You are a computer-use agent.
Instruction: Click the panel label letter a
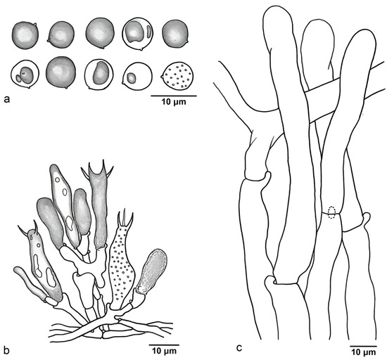(x=7, y=99)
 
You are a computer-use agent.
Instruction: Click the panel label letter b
(x=6, y=350)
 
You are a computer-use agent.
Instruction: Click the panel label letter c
(x=239, y=348)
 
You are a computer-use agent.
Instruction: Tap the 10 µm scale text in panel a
(x=174, y=101)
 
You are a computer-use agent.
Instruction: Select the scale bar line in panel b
(x=164, y=345)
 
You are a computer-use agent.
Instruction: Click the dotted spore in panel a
(x=177, y=76)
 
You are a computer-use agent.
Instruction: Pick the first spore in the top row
(x=25, y=35)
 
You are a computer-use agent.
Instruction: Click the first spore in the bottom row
(x=25, y=75)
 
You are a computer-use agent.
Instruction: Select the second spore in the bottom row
(x=61, y=72)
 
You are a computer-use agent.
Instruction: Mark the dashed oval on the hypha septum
(x=331, y=213)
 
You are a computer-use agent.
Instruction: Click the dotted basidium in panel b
(x=122, y=262)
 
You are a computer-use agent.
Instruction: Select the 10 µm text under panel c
(x=364, y=352)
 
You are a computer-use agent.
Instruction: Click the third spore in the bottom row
(x=99, y=74)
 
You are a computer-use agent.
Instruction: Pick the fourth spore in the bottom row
(x=137, y=76)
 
